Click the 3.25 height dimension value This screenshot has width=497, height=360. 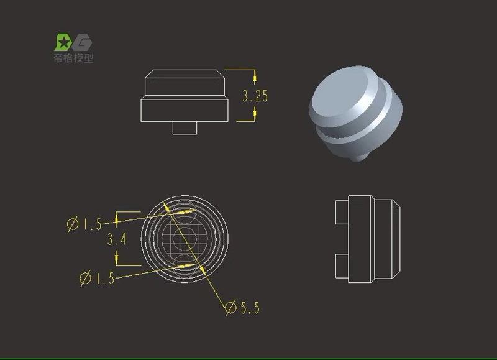tap(255, 96)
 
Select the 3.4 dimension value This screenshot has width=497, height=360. tap(117, 239)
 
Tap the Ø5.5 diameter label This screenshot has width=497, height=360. tap(242, 308)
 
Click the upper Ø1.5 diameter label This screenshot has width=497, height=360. tap(84, 224)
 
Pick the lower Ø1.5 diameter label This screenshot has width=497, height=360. tap(97, 278)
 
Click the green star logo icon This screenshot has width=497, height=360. tap(63, 42)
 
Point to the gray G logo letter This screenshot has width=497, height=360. tap(82, 43)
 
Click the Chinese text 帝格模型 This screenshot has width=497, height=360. tap(73, 58)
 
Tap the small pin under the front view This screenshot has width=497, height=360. tap(185, 127)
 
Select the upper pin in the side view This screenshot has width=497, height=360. tap(342, 212)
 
